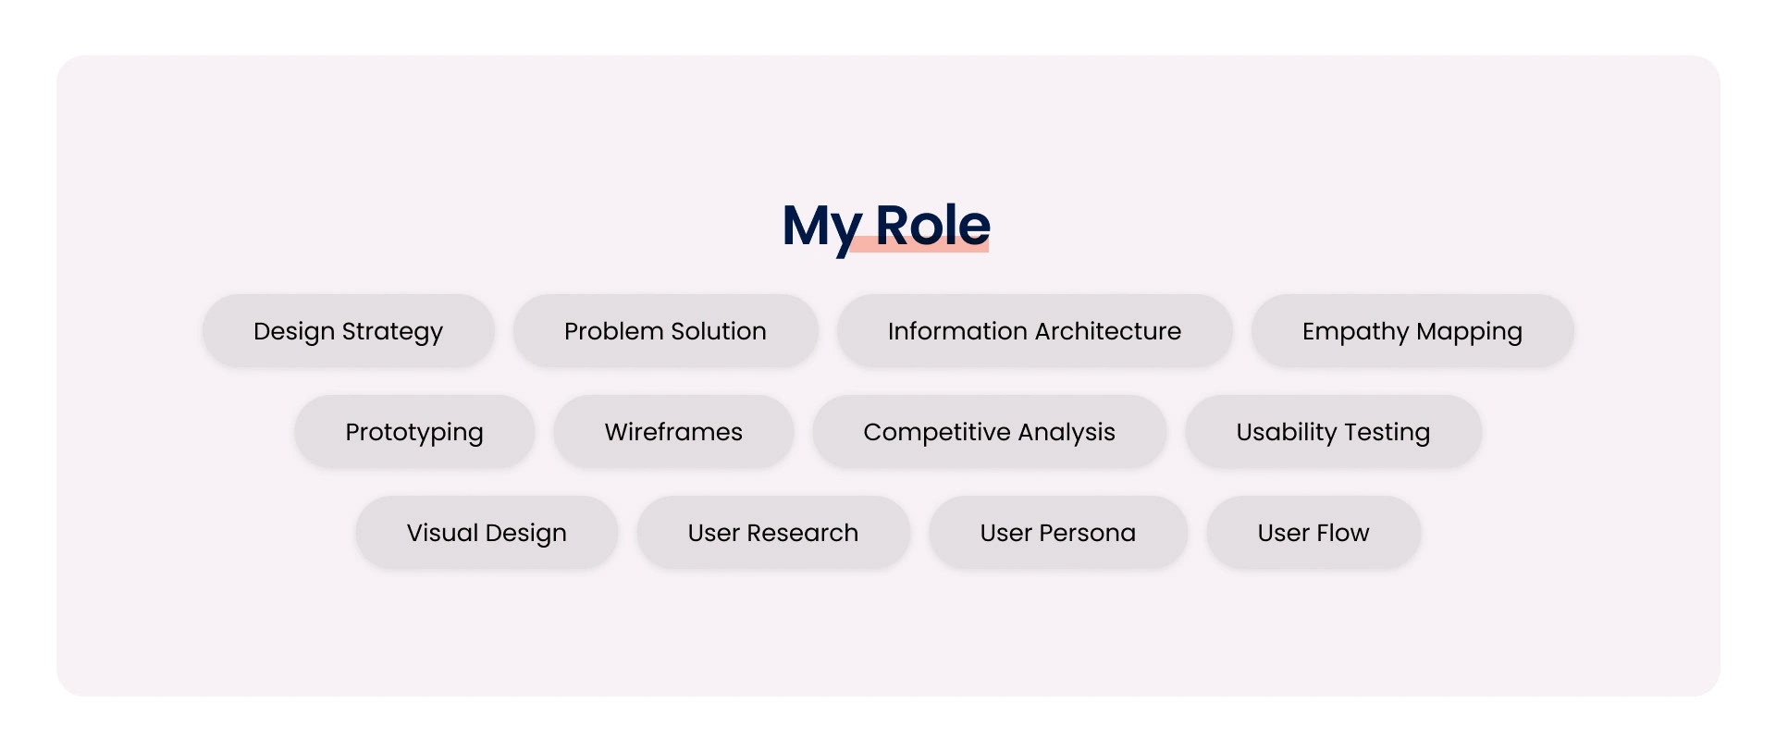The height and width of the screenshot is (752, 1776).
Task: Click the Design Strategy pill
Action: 349,331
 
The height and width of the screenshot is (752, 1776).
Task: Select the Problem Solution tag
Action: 666,331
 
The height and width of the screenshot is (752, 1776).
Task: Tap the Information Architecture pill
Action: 1035,331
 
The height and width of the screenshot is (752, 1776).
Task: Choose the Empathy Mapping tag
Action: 1412,331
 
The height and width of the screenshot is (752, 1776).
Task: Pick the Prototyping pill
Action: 414,432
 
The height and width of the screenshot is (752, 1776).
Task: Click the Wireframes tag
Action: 673,432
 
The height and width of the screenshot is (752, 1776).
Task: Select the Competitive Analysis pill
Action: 990,432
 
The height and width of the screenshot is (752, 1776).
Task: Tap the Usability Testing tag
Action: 1334,432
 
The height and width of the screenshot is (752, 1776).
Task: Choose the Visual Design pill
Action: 487,533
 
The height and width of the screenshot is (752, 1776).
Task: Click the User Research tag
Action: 773,533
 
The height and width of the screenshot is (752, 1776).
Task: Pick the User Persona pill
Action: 1058,533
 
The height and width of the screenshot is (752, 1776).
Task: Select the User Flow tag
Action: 1313,533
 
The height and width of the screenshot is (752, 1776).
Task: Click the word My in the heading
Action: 822,228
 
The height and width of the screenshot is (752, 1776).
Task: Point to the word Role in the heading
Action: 932,225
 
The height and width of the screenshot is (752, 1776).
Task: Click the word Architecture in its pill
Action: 1107,331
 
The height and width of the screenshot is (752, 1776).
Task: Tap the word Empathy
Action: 1356,333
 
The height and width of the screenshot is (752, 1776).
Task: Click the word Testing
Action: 1387,433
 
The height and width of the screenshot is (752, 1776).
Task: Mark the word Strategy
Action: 392,333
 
